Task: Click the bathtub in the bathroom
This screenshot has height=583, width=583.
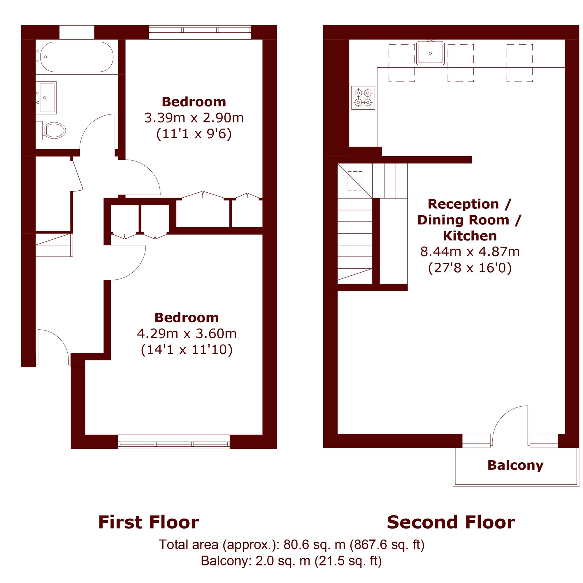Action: tap(77, 57)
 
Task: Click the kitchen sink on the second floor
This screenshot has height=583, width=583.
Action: tap(430, 53)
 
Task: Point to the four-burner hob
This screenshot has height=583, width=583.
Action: tap(363, 98)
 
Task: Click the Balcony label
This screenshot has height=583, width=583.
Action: tap(515, 465)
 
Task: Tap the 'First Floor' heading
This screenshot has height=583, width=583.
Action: tap(148, 522)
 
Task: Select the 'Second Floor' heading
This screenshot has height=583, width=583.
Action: tap(451, 522)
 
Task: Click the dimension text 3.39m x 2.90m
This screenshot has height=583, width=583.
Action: tap(194, 118)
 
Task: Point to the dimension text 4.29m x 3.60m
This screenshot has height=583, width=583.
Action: tap(187, 333)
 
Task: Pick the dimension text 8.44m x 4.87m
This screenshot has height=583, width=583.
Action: tap(470, 251)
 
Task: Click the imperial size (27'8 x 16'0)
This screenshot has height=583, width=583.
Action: tap(470, 268)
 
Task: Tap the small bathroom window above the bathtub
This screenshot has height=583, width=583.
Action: tap(77, 32)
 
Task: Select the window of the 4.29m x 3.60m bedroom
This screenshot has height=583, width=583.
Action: tap(173, 442)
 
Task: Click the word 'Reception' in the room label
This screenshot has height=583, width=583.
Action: tap(463, 204)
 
